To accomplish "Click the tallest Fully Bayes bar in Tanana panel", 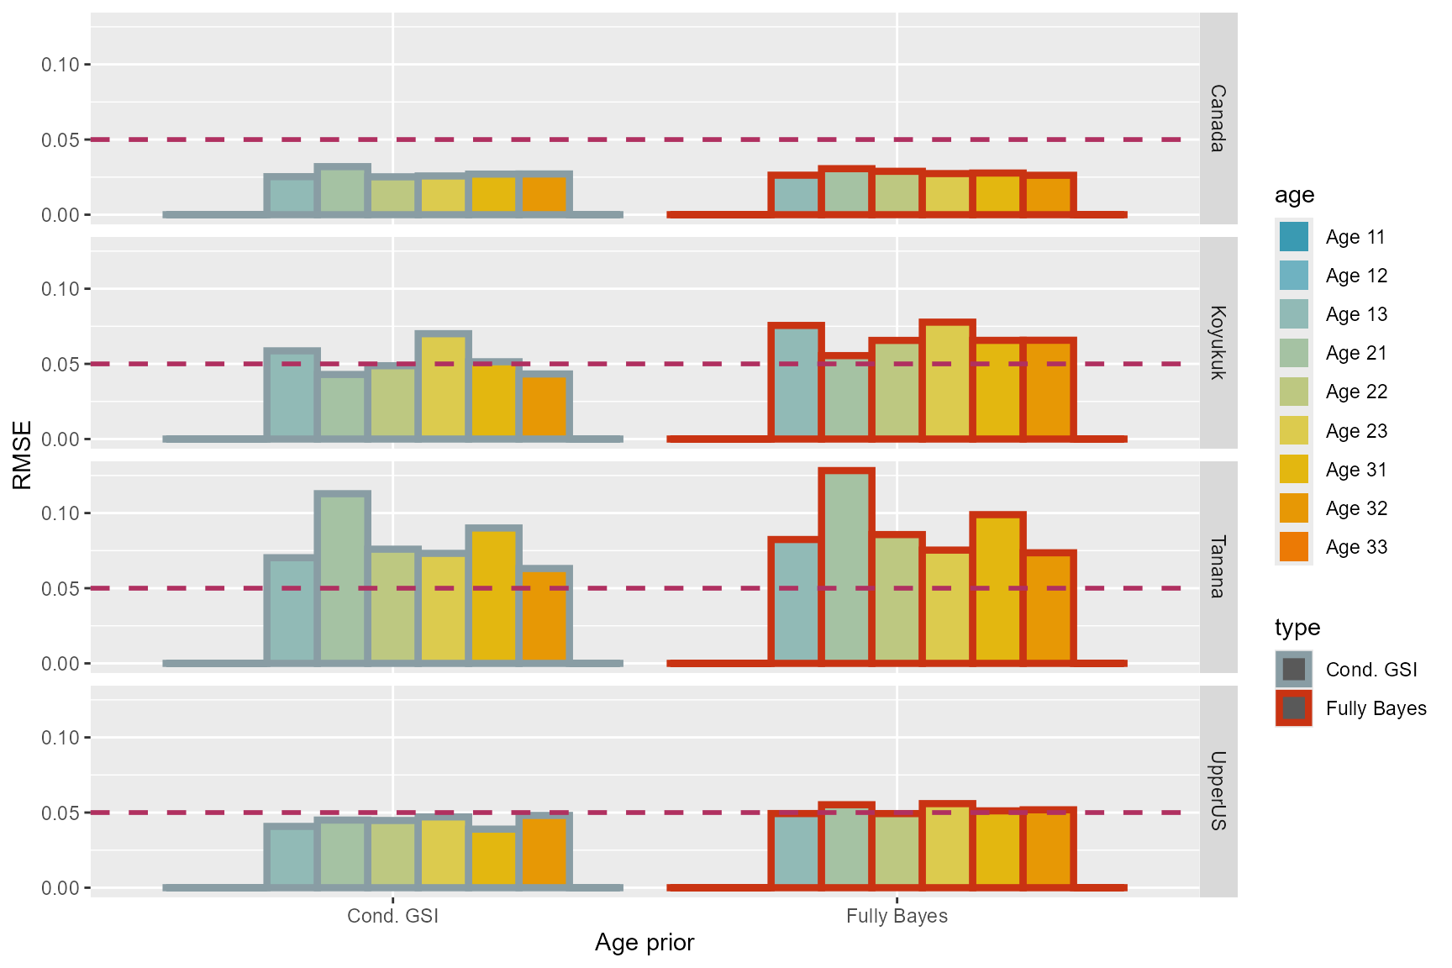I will point(847,567).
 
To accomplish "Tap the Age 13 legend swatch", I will point(1293,314).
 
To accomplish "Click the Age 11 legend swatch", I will point(1293,237).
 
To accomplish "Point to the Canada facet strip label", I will point(1218,118).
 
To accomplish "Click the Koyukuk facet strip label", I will point(1218,342).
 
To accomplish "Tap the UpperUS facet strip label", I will point(1218,791).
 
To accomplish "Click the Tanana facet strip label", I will point(1218,566).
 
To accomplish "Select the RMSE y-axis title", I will point(23,455).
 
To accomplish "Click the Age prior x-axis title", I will point(644,943).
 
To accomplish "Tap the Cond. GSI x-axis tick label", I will point(392,916).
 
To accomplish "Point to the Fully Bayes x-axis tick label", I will point(897,916).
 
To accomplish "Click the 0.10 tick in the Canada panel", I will point(60,65).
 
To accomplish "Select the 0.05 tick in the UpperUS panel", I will point(60,813).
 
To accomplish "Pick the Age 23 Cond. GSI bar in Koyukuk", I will point(444,387).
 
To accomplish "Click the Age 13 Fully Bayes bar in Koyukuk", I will point(796,382).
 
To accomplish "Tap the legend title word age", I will point(1294,195).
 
